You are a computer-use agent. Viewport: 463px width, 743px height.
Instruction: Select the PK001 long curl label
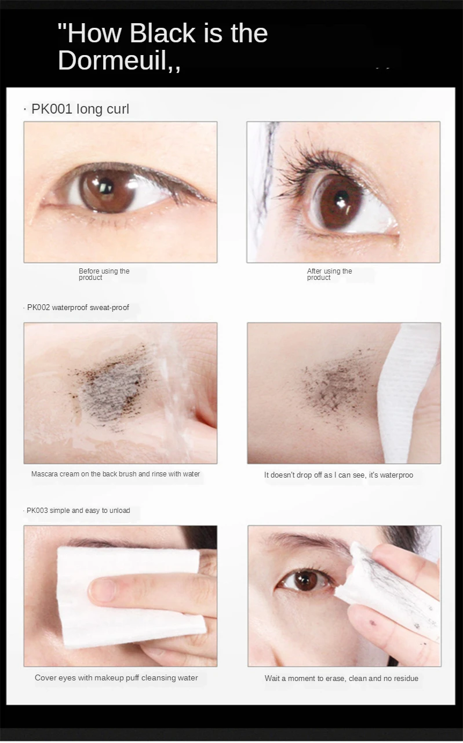pyautogui.click(x=80, y=109)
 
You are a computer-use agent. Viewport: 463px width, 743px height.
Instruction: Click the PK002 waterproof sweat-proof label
pyautogui.click(x=78, y=307)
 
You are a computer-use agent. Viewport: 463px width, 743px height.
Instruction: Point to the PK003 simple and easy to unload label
pyautogui.click(x=78, y=511)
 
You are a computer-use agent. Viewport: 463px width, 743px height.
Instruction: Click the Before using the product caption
pyautogui.click(x=104, y=274)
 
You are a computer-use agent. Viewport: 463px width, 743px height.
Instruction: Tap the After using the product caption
pyautogui.click(x=329, y=274)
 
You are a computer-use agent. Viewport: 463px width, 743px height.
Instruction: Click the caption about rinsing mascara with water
pyautogui.click(x=115, y=474)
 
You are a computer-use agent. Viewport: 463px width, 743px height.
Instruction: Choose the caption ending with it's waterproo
pyautogui.click(x=338, y=475)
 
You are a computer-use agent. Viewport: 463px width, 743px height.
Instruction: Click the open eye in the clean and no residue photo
pyautogui.click(x=304, y=580)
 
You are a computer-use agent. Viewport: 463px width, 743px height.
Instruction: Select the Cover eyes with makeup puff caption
pyautogui.click(x=116, y=678)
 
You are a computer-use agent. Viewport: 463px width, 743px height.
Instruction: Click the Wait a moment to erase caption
pyautogui.click(x=341, y=678)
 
